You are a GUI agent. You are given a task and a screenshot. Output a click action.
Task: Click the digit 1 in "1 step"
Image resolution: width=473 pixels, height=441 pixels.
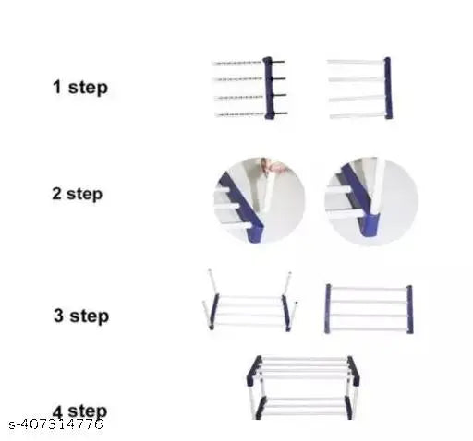pyautogui.click(x=56, y=88)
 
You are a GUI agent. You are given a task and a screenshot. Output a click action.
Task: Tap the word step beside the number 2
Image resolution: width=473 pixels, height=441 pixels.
pyautogui.click(x=84, y=195)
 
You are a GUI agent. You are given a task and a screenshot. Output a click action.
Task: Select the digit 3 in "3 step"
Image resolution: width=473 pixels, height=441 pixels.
pyautogui.click(x=59, y=316)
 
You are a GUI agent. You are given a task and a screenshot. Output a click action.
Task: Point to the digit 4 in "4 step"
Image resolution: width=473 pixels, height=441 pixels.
pyautogui.click(x=57, y=411)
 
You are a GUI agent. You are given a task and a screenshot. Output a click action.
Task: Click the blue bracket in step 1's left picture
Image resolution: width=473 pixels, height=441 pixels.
pyautogui.click(x=269, y=88)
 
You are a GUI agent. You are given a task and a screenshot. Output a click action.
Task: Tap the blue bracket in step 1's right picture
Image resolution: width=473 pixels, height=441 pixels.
pyautogui.click(x=387, y=88)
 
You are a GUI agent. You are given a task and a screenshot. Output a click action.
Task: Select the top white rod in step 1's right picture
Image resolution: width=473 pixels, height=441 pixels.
pyautogui.click(x=355, y=62)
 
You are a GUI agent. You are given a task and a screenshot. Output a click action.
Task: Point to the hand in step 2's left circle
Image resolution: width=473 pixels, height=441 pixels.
pyautogui.click(x=267, y=167)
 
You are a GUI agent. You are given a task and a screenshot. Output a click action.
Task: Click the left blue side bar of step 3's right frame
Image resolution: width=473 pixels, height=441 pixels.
pyautogui.click(x=327, y=308)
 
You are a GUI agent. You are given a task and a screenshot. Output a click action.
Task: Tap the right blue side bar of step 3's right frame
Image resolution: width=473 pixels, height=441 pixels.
pyautogui.click(x=409, y=308)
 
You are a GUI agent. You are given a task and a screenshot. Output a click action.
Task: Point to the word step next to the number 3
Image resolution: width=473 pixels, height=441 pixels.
pyautogui.click(x=90, y=316)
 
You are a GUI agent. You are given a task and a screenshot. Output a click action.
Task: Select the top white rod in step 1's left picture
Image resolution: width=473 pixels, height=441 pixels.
pyautogui.click(x=237, y=63)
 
